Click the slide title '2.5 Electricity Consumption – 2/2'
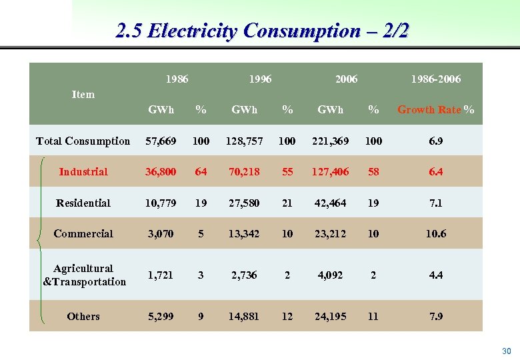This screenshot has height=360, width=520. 262,31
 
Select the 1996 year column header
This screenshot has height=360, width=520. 260,79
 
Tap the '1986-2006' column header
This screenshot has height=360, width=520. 435,79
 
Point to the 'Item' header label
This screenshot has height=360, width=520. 83,95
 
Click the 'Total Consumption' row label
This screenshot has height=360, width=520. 83,141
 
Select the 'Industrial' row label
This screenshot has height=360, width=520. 83,172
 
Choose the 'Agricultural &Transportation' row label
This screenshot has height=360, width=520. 84,275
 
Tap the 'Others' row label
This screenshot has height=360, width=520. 83,317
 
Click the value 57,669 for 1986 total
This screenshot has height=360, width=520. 161,141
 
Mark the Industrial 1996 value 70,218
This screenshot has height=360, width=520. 244,172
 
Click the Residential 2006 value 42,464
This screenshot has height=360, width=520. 331,203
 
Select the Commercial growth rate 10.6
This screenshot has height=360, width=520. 435,234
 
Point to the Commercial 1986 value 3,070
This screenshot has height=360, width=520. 161,234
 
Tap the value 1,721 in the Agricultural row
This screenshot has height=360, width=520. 161,275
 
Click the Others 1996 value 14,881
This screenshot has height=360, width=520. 244,317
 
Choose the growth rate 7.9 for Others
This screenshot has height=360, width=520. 435,317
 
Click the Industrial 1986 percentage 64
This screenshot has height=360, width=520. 201,172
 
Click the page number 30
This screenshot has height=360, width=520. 506,351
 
